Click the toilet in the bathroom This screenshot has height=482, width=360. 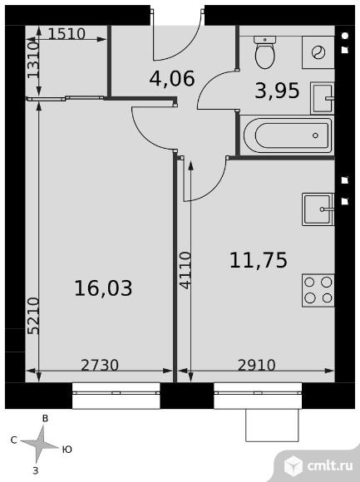coord(264,52)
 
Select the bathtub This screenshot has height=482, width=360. coord(287,135)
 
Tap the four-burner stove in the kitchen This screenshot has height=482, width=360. coord(318,291)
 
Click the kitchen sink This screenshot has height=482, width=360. coord(318,209)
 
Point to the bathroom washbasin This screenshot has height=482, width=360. coord(323,98)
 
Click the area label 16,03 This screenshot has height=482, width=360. coord(103,288)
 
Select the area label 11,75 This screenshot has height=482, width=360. coord(259,260)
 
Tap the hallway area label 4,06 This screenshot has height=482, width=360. coord(172,78)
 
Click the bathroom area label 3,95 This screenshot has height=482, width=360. coord(277,91)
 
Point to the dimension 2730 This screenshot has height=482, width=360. coord(100,365)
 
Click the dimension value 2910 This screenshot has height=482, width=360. coord(257,365)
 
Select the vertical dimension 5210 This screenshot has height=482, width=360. coord(33,316)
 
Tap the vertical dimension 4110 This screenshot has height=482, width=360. coord(185,271)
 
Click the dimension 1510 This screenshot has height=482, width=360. coord(67,34)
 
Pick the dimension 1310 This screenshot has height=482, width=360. coord(33,60)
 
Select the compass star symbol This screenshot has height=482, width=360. coord(39,444)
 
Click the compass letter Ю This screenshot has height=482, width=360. coord(67,450)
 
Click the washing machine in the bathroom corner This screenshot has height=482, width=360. coord(318,52)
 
